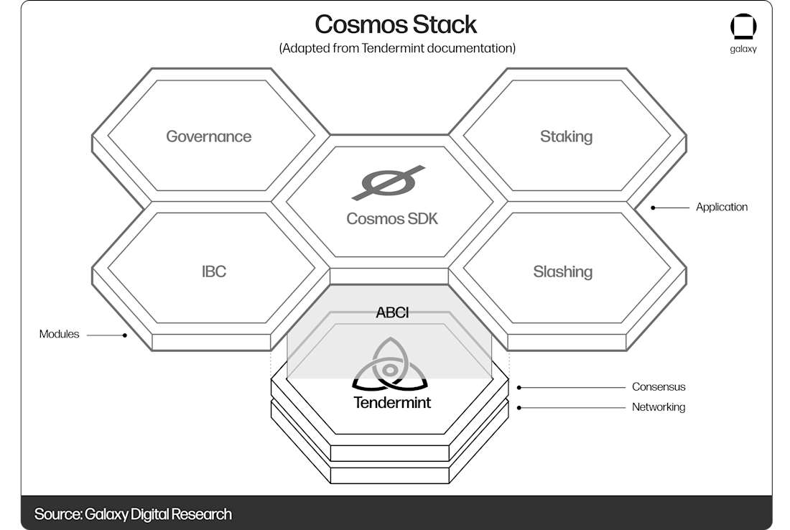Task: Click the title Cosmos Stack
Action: [x=396, y=24]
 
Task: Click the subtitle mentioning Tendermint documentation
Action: [x=397, y=48]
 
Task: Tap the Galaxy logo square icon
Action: [x=743, y=27]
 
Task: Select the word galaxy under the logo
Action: [x=743, y=50]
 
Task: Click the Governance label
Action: [x=209, y=136]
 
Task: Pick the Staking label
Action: [x=566, y=136]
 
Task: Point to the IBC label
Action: [x=214, y=271]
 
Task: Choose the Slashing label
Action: [x=562, y=271]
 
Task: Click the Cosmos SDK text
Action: [x=392, y=218]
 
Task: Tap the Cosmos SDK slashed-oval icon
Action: [x=389, y=182]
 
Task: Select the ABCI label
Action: [x=392, y=312]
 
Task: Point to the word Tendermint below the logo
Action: [x=392, y=402]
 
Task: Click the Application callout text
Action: [x=721, y=207]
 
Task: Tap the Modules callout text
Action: [x=60, y=334]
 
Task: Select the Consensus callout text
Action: [x=659, y=386]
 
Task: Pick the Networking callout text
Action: [x=659, y=407]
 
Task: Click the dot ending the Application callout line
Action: [x=653, y=208]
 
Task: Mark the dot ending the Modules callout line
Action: [x=125, y=335]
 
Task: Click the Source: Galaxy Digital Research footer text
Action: [x=133, y=514]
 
